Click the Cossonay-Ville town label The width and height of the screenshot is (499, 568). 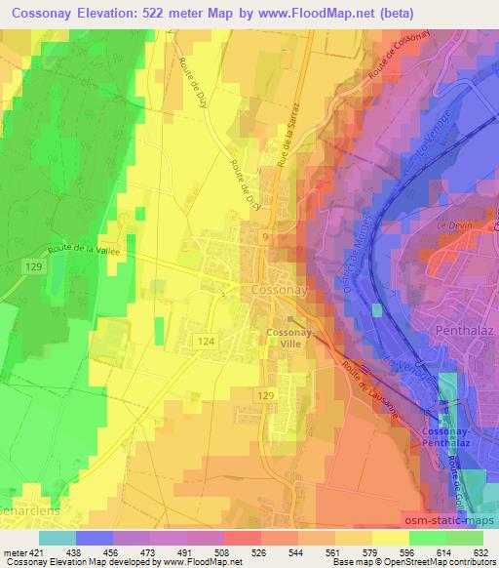tap(289, 337)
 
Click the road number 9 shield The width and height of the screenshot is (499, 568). tap(265, 236)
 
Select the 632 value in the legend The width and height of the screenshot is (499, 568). tap(481, 552)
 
